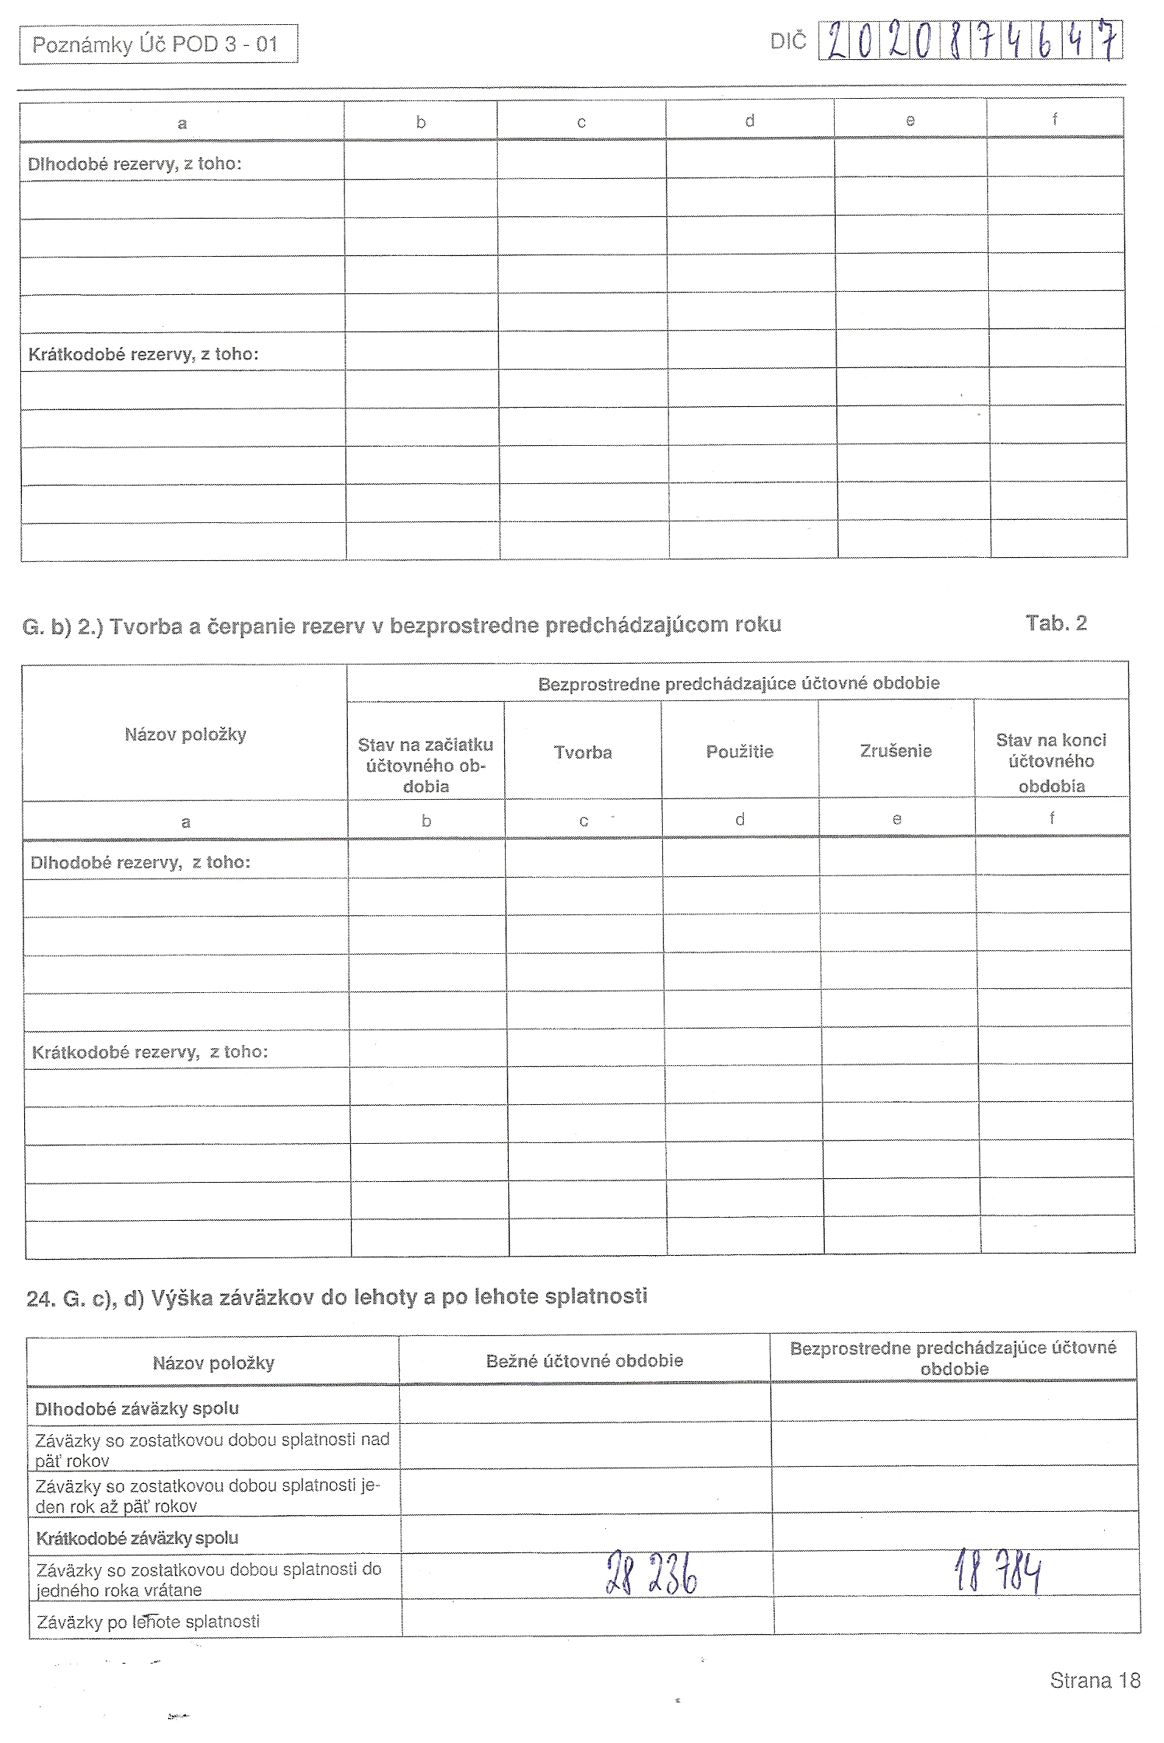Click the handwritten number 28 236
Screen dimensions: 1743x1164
[x=650, y=1573]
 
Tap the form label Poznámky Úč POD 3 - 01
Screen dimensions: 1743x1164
[x=156, y=44]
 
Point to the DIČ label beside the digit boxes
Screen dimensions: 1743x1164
[x=788, y=42]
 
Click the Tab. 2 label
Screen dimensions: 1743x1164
[x=1056, y=623]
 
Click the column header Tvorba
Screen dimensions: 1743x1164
[x=583, y=752]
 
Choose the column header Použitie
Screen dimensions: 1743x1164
[x=739, y=752]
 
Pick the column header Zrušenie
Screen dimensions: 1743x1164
[x=896, y=751]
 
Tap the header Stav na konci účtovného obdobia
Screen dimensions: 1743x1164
[x=1051, y=762]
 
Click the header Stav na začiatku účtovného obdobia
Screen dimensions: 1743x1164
[x=426, y=765]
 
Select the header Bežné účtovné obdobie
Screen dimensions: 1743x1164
[x=584, y=1361]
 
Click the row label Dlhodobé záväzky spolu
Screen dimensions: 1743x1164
[x=137, y=1408]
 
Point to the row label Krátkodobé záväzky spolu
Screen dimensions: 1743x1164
[x=137, y=1538]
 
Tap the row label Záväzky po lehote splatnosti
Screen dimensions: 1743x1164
[x=148, y=1622]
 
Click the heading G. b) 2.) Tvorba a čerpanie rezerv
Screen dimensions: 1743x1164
[x=401, y=626]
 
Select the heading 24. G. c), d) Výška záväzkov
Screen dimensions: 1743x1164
[x=336, y=1296]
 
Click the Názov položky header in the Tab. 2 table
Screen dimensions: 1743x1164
[x=185, y=734]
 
